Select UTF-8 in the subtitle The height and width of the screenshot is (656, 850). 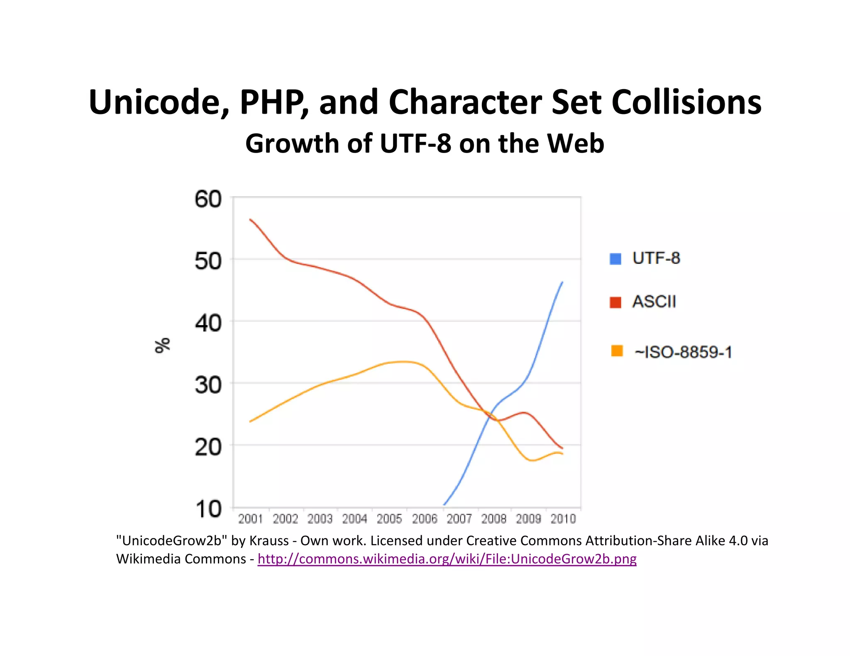tap(415, 143)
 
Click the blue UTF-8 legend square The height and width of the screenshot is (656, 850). tap(615, 259)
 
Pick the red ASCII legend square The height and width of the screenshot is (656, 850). tap(615, 302)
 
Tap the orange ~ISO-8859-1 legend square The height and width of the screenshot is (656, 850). tap(617, 351)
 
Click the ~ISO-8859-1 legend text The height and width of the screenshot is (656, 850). tap(683, 352)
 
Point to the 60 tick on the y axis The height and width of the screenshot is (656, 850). tap(208, 199)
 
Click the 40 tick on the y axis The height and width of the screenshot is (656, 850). tap(208, 323)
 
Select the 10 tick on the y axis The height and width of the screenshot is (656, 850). tap(208, 509)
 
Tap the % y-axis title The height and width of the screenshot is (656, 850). tap(162, 345)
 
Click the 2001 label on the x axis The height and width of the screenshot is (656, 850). tap(250, 519)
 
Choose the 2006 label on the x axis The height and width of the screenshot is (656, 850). tap(425, 519)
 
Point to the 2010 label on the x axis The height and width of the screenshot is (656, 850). tap(563, 519)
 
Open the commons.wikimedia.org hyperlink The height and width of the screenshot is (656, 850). tap(447, 559)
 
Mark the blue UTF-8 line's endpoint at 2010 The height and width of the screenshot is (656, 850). tap(562, 282)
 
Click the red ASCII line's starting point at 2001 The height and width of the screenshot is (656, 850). tap(250, 219)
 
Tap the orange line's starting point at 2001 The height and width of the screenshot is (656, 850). tap(250, 422)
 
